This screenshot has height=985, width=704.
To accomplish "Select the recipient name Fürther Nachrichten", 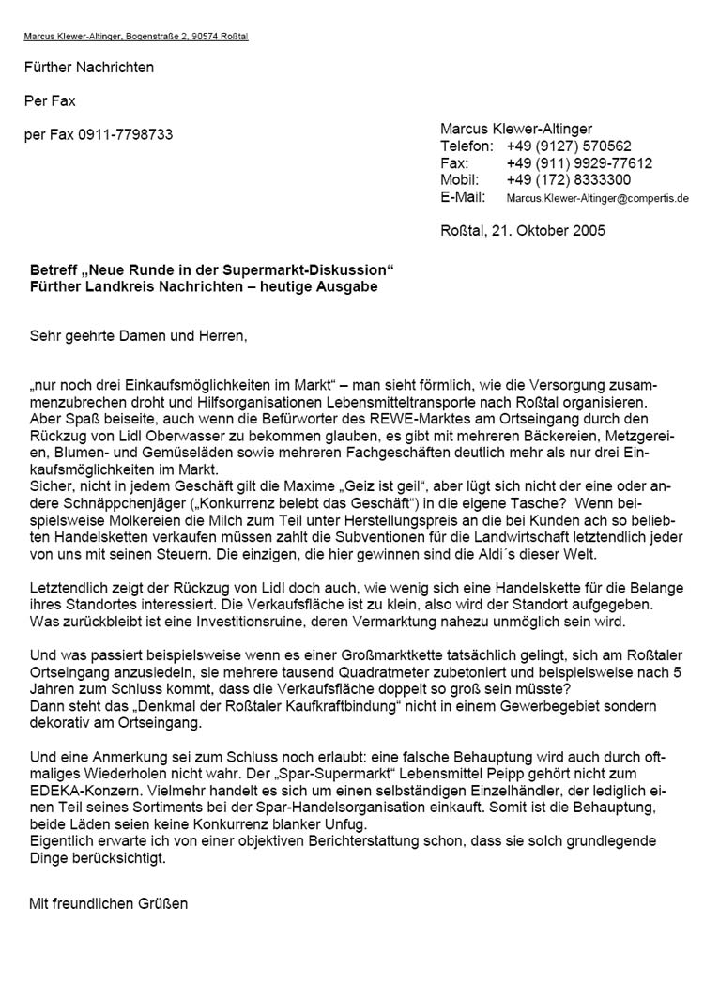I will (89, 67).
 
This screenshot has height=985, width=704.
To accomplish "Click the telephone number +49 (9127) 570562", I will (568, 146).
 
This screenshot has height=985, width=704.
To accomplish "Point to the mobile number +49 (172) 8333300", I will (568, 179).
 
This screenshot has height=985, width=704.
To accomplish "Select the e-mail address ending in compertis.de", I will (597, 198).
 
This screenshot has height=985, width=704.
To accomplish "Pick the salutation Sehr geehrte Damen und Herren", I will (141, 333).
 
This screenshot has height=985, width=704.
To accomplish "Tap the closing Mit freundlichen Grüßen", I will (109, 903).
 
